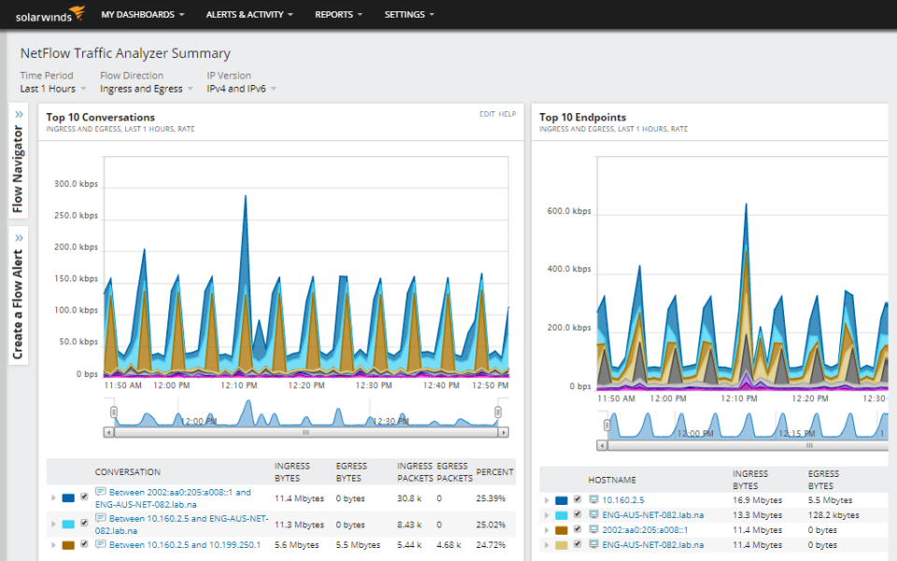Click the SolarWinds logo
tap(50, 14)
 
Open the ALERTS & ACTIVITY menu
tap(249, 15)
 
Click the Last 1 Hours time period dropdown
tap(52, 89)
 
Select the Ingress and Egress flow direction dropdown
tap(145, 89)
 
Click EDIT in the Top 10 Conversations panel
tap(487, 114)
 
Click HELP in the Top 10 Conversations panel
tap(507, 114)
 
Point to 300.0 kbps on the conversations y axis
tap(76, 184)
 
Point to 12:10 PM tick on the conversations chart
tap(239, 385)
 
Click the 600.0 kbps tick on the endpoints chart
tap(569, 211)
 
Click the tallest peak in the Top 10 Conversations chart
tap(246, 197)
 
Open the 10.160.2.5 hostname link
tap(622, 500)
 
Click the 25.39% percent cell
tap(490, 498)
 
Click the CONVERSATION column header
tap(127, 472)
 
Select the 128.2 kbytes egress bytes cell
tap(833, 515)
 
